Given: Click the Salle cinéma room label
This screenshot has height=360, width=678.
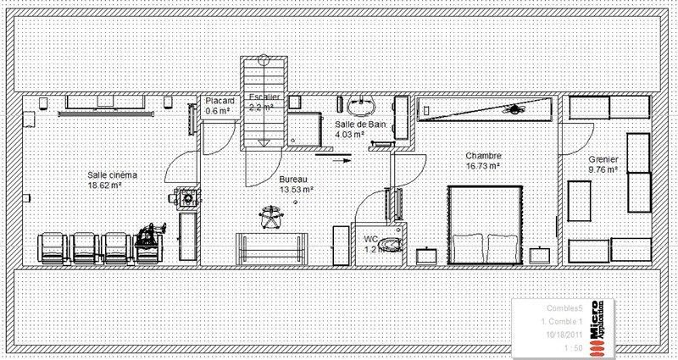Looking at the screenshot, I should click(x=112, y=175).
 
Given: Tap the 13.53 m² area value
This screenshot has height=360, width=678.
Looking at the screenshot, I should click(x=297, y=190).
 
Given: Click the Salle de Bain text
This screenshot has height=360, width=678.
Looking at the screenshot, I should click(x=362, y=124).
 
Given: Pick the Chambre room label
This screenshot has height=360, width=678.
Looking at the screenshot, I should click(x=484, y=156).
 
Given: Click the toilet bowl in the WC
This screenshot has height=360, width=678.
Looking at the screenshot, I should click(x=388, y=246).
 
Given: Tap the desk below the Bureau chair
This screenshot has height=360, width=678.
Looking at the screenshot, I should click(x=270, y=247).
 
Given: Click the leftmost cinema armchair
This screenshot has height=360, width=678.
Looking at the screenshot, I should click(x=52, y=246).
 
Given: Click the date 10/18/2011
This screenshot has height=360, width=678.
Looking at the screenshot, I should click(x=559, y=335).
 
